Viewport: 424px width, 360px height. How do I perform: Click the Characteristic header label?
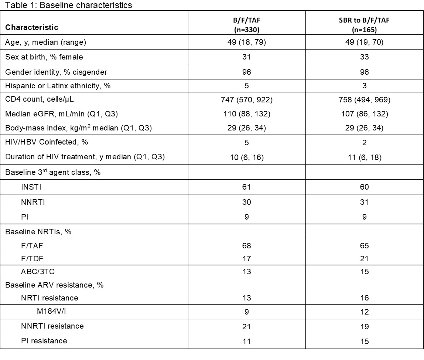click(32, 27)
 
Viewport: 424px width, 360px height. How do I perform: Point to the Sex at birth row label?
click(44, 57)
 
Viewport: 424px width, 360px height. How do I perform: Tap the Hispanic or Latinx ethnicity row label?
click(58, 86)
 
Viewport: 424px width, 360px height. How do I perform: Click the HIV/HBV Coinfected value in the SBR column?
click(364, 143)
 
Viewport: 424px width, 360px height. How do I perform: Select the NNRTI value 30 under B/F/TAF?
click(246, 202)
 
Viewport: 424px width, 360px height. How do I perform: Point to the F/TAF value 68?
click(246, 246)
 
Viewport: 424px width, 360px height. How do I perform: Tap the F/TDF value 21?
click(364, 259)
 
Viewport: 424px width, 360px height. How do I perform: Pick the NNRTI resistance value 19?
click(364, 326)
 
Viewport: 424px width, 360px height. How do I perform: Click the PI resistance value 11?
click(246, 341)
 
